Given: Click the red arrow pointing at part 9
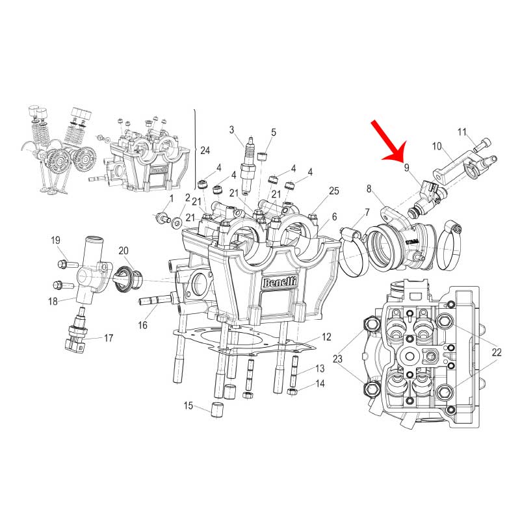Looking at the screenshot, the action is click(389, 141).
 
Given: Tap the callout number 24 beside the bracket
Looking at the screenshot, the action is click(205, 151).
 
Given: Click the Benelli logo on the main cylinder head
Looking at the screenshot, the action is click(279, 283).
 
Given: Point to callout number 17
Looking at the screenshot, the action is click(109, 338).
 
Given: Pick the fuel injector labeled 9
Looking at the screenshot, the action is click(427, 198).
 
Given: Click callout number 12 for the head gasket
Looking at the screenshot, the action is click(326, 337).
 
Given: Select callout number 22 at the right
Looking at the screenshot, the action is click(497, 352).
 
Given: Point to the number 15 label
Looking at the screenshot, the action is click(188, 405).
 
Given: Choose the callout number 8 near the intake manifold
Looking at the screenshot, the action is click(369, 188).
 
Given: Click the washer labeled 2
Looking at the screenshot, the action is click(176, 222).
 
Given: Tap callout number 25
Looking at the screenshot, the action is click(334, 190).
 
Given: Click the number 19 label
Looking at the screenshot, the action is click(55, 240).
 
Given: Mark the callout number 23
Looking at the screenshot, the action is click(337, 359).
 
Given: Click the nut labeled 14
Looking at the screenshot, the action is click(291, 392).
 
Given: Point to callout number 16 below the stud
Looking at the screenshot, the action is click(142, 325).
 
